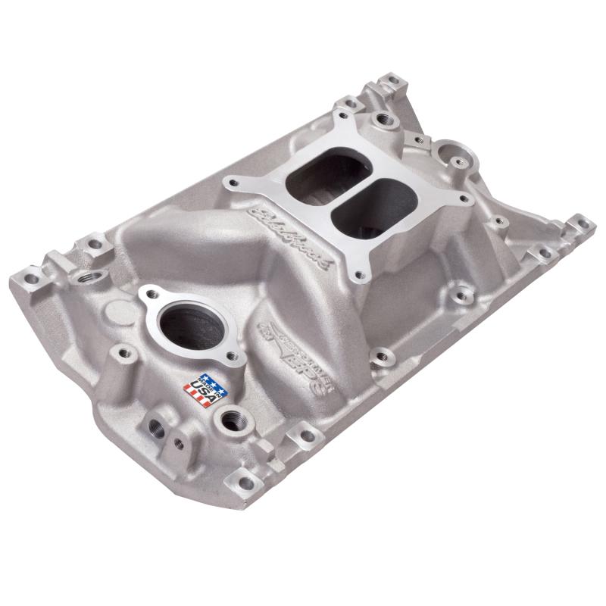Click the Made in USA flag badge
198,390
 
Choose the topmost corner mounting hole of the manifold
394,78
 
